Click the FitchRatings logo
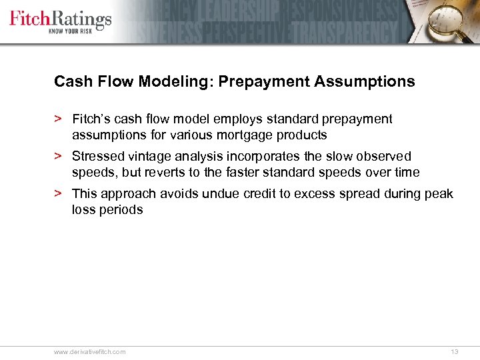pos(60,18)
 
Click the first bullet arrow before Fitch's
pos(58,119)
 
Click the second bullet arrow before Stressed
pos(58,157)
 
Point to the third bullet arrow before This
pos(58,194)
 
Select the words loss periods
pos(107,210)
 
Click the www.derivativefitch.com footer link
pos(89,351)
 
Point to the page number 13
pos(455,351)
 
